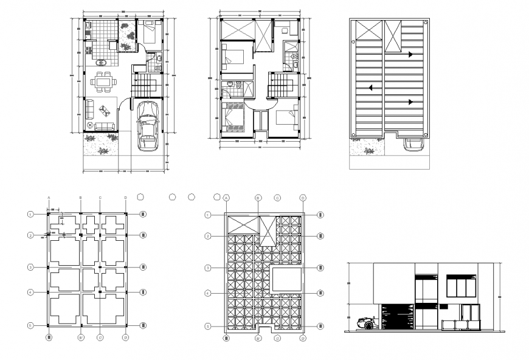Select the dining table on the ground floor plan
104,80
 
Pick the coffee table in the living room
105,111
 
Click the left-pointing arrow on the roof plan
368,88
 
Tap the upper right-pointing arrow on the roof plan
411,55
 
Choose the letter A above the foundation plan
48,198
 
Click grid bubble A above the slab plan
226,198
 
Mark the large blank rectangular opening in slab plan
286,280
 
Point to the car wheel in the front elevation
369,325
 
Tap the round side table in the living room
91,125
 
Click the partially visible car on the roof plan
414,144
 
